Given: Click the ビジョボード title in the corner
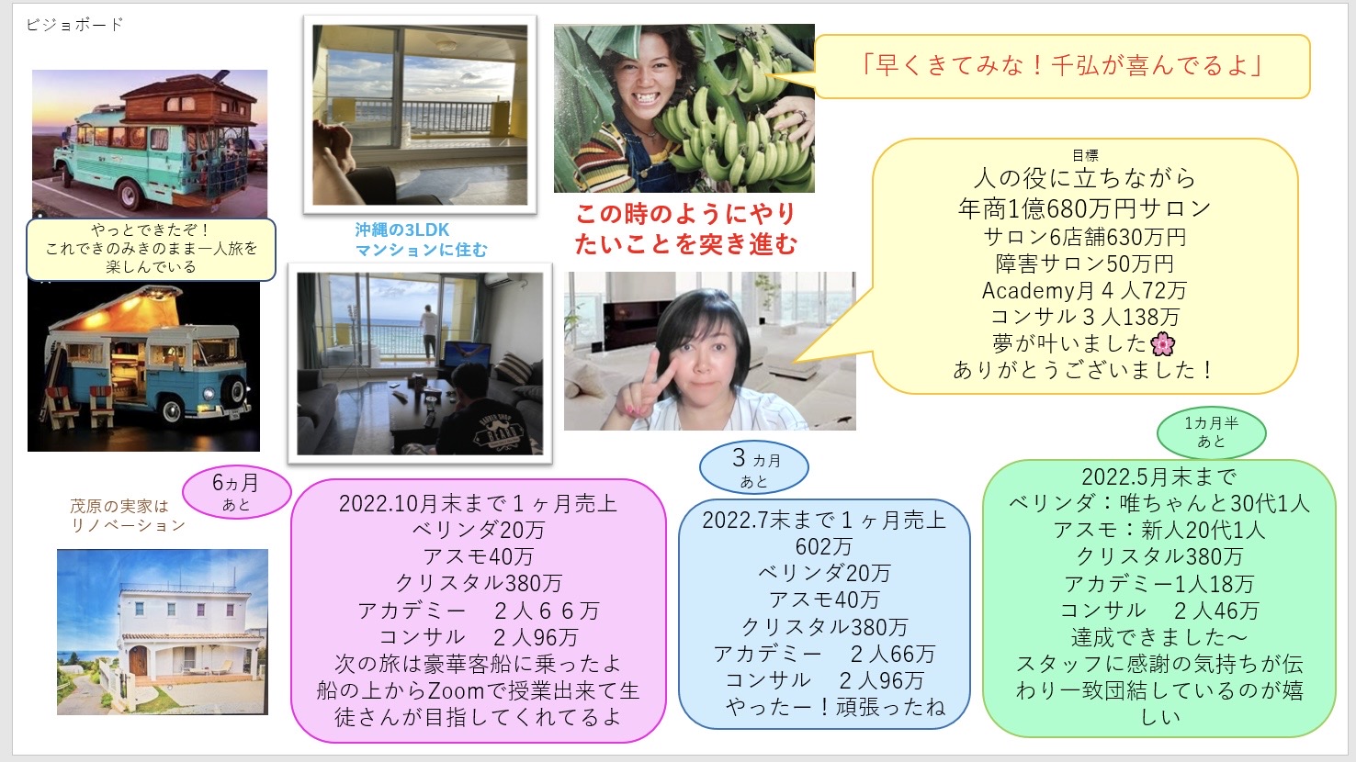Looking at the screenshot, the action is point(74,25).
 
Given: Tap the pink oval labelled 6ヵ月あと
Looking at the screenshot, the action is point(237,492).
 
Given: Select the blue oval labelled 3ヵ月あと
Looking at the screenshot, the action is point(753,467).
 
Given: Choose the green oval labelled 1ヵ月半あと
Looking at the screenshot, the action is point(1212,432).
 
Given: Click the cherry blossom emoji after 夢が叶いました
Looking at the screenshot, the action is point(1162,343).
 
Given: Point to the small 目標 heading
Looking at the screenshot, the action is point(1085,155).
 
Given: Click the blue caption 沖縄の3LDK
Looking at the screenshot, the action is point(402,230).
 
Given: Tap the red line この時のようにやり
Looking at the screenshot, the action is point(685,214).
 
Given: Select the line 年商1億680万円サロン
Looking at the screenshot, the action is point(1084,208).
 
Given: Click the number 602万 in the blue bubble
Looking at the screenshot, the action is point(823,546).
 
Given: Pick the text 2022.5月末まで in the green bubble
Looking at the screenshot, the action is point(1158,476).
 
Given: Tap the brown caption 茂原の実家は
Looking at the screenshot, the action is point(119,505).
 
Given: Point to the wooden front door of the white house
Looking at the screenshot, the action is point(138,660).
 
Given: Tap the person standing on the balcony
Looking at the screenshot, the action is point(429,333).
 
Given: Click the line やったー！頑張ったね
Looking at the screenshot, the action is point(835,706).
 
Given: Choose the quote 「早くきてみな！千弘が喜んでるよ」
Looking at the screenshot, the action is point(1062,65).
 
